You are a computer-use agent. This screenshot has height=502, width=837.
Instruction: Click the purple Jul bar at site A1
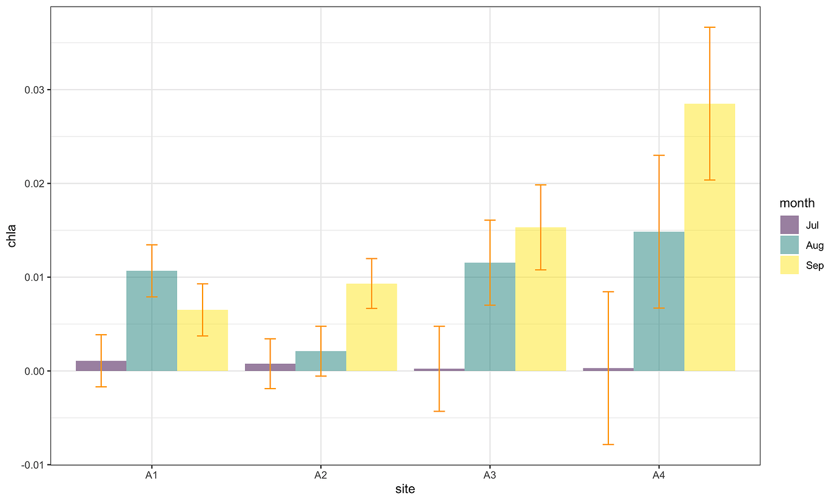[101, 366]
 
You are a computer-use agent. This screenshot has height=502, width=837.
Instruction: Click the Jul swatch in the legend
[789, 225]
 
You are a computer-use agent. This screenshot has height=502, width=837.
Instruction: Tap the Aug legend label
[815, 246]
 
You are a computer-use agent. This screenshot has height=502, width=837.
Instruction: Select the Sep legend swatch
[789, 265]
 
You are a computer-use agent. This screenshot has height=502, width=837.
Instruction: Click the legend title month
[797, 203]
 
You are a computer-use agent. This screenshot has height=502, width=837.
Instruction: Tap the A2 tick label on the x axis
[321, 476]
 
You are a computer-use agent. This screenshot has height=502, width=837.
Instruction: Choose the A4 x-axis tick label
[659, 476]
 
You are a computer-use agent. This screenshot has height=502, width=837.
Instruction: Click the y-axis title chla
[11, 236]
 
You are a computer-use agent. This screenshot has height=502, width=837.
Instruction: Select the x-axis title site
[405, 489]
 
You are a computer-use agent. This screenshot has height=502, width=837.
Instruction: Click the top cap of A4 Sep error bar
[709, 27]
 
